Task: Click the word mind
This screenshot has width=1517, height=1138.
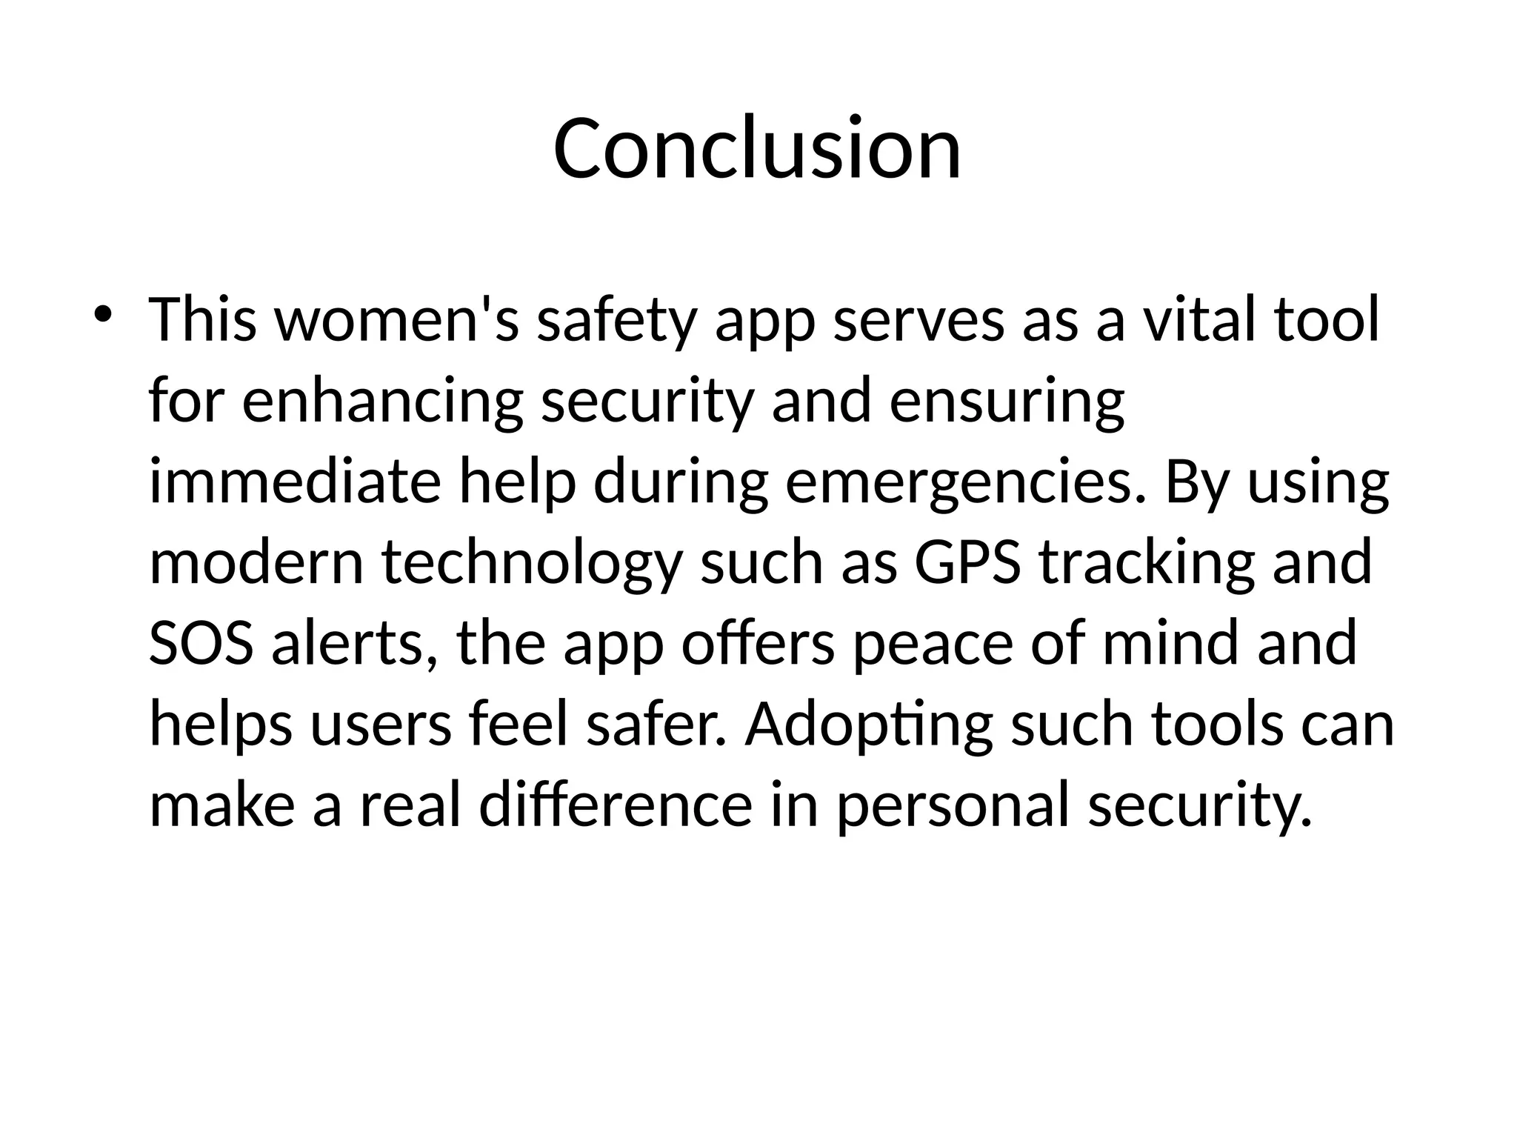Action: pos(1170,642)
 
